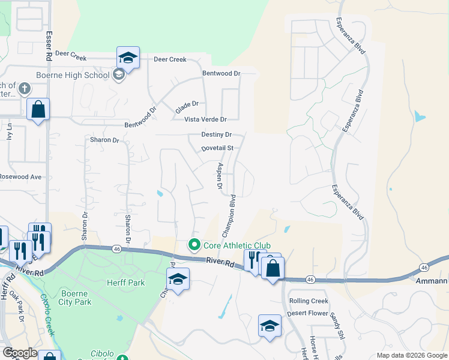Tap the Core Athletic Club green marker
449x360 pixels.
[x=194, y=245]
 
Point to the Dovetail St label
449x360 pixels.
[x=217, y=148]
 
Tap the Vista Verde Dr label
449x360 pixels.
[x=205, y=120]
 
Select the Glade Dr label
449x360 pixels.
[x=187, y=108]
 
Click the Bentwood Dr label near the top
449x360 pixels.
[x=220, y=73]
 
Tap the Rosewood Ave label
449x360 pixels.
[x=20, y=177]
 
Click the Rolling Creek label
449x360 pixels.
[x=309, y=301]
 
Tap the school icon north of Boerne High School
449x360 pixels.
[x=128, y=58]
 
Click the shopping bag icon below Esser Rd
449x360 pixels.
[x=38, y=110]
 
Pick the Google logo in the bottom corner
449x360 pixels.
[x=19, y=353]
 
